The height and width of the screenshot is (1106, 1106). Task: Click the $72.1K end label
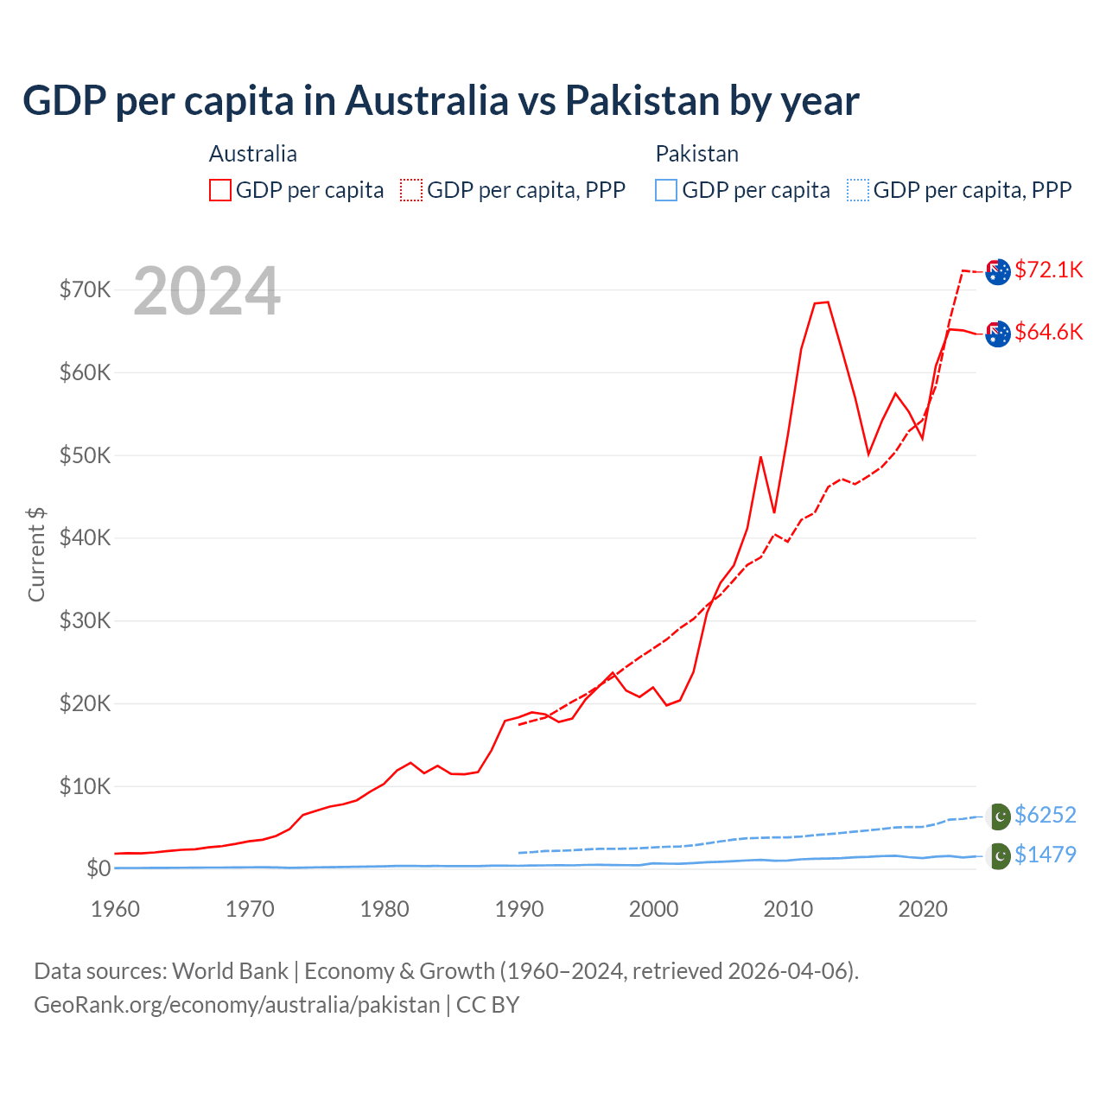(x=1048, y=270)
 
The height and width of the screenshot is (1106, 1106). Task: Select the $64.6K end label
(x=1048, y=332)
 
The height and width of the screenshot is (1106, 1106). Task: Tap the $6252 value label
(x=1045, y=815)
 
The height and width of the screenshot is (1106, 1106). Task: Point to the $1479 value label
(x=1045, y=855)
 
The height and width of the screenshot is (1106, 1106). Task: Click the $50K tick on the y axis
(x=85, y=455)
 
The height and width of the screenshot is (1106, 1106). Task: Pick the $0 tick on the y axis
(x=99, y=868)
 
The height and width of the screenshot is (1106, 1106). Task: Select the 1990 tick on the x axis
(x=519, y=909)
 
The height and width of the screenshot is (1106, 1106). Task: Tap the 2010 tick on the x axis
(x=788, y=909)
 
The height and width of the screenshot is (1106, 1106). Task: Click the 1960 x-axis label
(x=115, y=909)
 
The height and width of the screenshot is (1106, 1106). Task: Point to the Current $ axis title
(x=36, y=555)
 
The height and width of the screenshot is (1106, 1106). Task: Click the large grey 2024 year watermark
(x=207, y=291)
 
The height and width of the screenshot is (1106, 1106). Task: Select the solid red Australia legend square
(x=220, y=190)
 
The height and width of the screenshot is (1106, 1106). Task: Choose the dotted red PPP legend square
(x=411, y=190)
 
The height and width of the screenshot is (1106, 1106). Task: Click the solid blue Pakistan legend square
(x=666, y=190)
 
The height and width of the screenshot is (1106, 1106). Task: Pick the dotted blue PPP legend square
(x=858, y=190)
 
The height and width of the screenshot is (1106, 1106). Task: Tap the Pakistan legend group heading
(x=696, y=154)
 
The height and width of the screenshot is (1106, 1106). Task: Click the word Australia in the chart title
(x=427, y=100)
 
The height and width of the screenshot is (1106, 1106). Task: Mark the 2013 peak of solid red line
(x=827, y=302)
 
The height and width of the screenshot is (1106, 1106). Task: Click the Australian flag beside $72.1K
(x=998, y=271)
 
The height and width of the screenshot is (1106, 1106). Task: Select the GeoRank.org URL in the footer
(x=237, y=1005)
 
